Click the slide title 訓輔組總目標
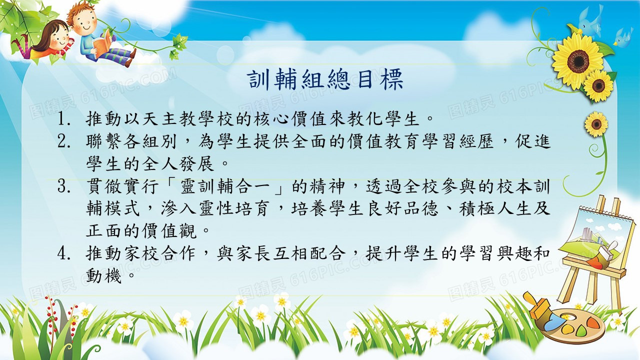pos(325,80)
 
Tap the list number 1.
pos(63,119)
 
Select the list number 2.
pos(63,141)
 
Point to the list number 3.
pos(63,186)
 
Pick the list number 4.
pos(63,253)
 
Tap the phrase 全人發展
pos(178,163)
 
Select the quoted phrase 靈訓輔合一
pos(225,186)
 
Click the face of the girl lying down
pos(59,38)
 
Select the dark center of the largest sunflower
pos(578,61)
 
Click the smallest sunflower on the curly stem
pos(596,124)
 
